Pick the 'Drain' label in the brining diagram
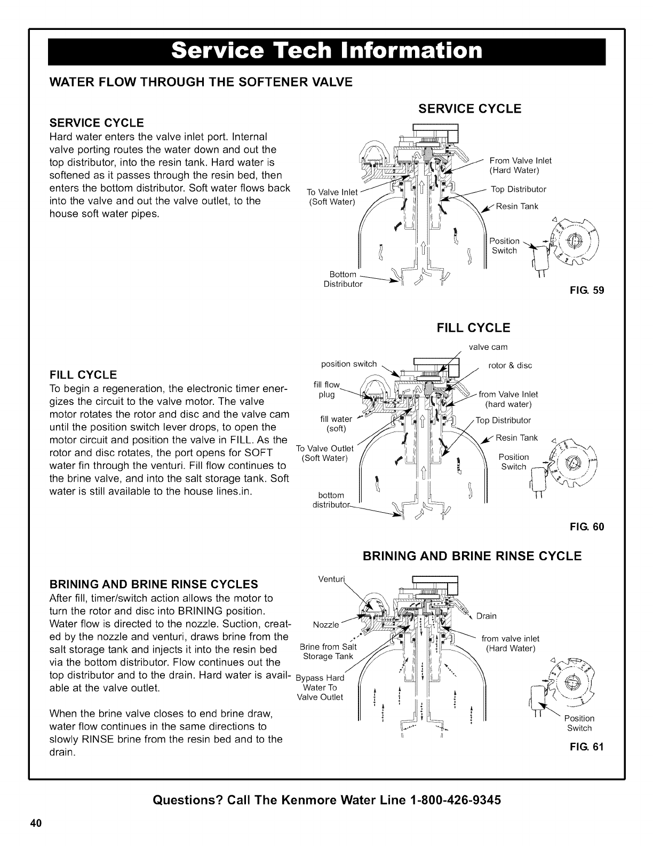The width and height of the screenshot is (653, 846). pos(486,616)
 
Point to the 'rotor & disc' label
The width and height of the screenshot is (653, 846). pos(510,366)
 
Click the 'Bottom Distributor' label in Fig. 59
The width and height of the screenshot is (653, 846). pos(343,279)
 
